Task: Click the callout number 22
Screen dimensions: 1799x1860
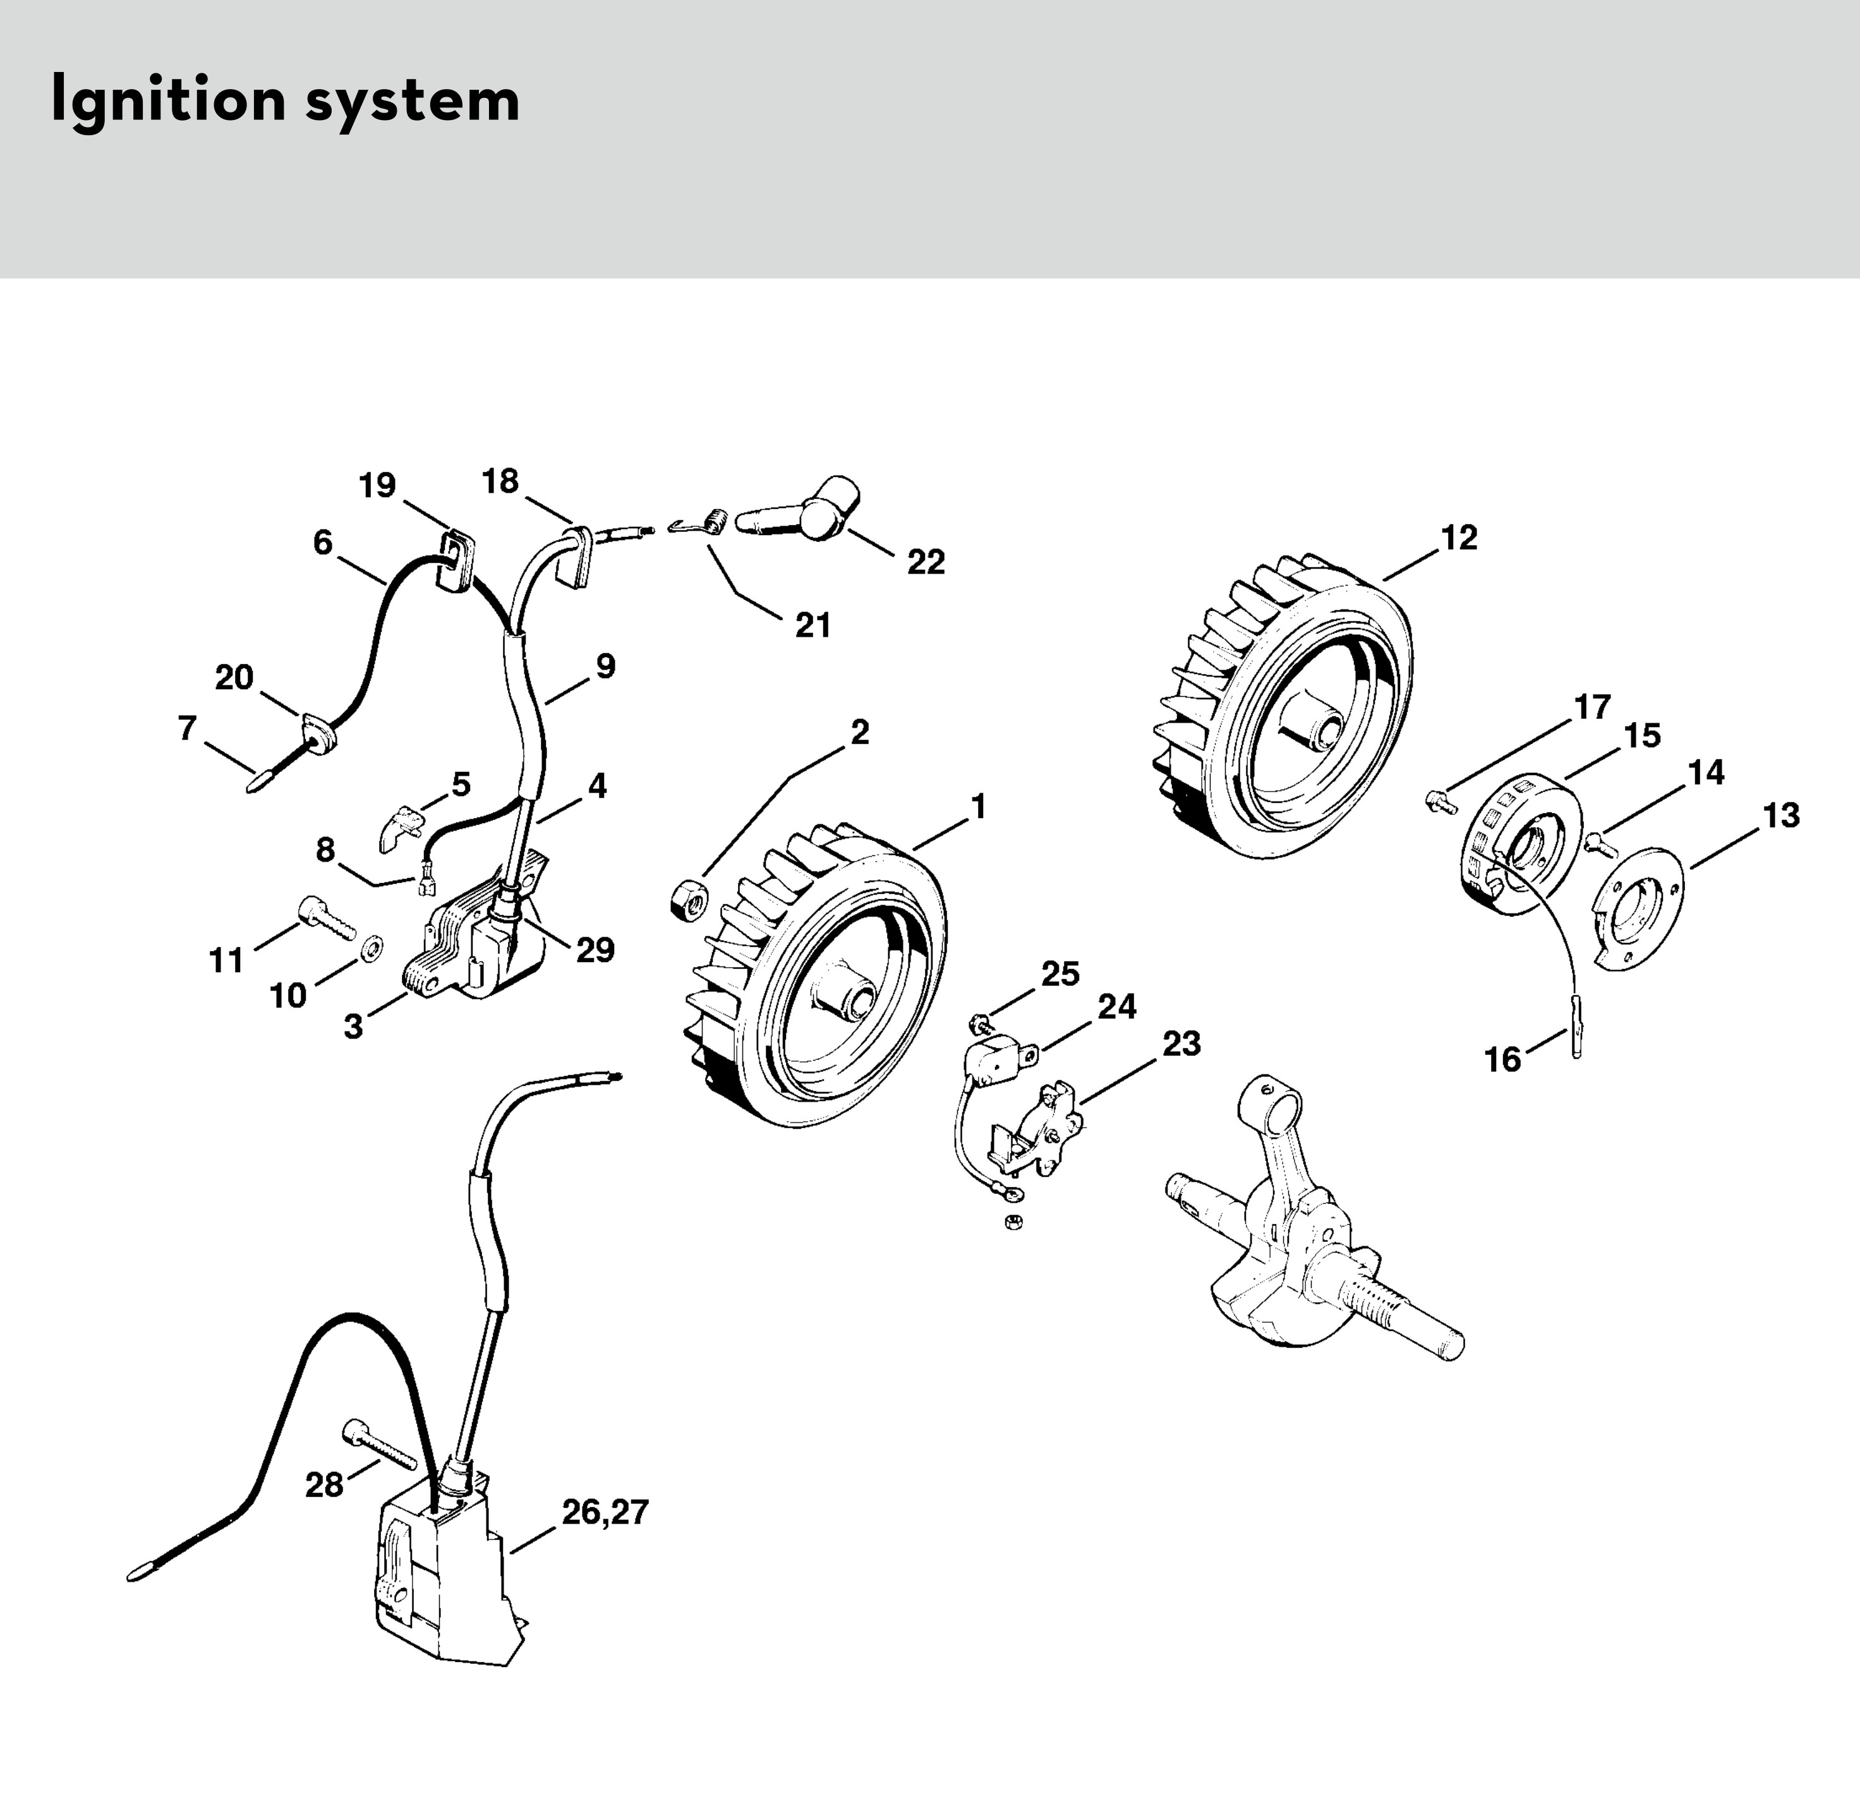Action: (925, 563)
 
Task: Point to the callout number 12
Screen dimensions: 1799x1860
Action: (1459, 538)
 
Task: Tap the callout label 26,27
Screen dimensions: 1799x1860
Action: (605, 1512)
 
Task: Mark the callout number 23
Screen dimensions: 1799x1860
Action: (1181, 1044)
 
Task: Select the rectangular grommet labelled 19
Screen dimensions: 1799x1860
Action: (456, 560)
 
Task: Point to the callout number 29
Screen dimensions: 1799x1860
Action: (595, 950)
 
